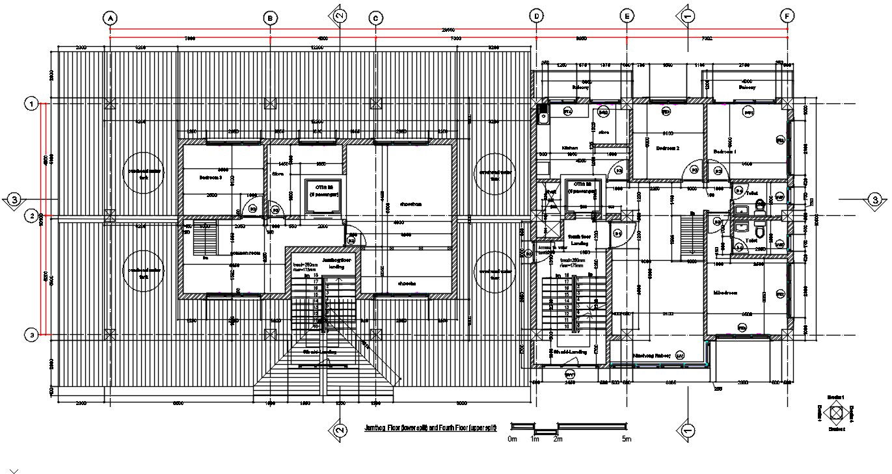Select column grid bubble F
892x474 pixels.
click(787, 16)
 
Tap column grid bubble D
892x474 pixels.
click(536, 16)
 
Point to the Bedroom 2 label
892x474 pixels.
click(668, 148)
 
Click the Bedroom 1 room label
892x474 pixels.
click(725, 151)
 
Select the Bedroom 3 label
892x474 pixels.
click(210, 176)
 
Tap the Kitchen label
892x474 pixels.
click(569, 148)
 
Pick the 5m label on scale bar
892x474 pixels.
click(626, 440)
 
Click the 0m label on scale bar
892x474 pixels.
click(512, 440)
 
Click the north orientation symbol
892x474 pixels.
click(836, 412)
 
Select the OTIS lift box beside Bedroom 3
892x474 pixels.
click(323, 194)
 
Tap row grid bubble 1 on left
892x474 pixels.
click(30, 103)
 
